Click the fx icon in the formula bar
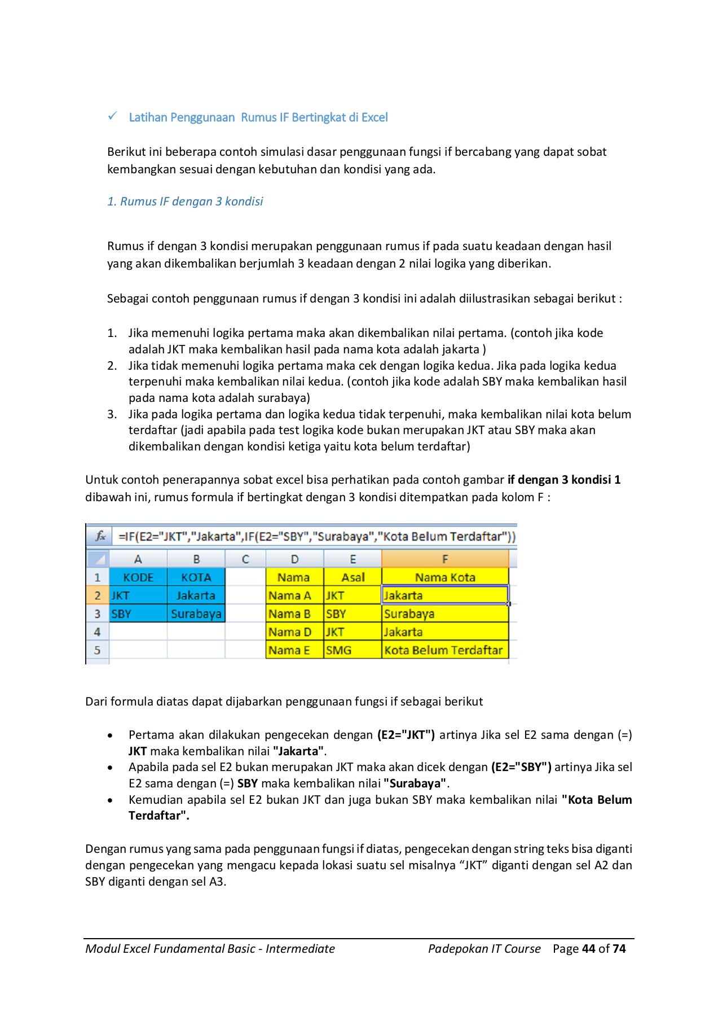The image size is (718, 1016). pos(100,536)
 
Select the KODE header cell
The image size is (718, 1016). pos(138,577)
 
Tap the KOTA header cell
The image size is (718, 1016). pos(196,577)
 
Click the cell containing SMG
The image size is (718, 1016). pos(353,650)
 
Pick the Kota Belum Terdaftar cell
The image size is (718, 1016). pos(444,650)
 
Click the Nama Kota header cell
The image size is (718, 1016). pos(445,577)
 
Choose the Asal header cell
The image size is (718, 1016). pos(353,577)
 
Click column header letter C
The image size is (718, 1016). pos(245,559)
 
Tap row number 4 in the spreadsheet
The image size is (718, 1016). pos(97,632)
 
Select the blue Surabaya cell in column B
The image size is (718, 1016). pos(196,614)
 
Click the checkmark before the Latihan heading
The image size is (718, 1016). pos(113,116)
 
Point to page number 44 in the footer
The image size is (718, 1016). pos(588,949)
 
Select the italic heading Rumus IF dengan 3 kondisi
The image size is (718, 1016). pos(185,202)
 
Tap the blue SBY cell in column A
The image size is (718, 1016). pos(138,614)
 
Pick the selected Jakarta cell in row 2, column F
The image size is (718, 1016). pos(444,595)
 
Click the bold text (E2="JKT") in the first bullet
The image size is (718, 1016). pos(406,735)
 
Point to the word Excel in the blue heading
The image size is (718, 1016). pos(375,117)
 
